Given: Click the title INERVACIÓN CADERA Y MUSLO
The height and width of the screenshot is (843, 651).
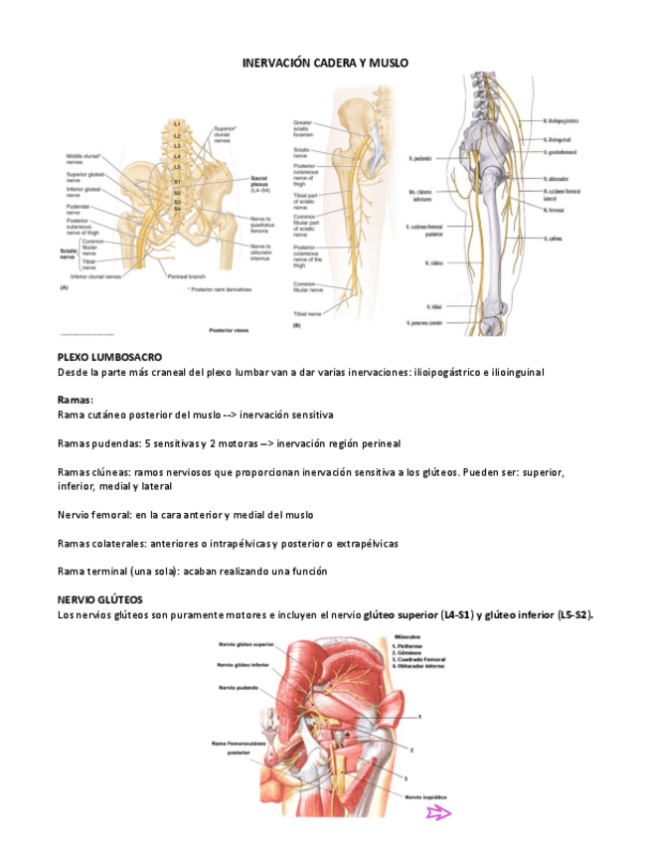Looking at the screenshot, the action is (x=325, y=63).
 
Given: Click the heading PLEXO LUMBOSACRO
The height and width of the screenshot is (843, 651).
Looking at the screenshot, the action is (x=109, y=356).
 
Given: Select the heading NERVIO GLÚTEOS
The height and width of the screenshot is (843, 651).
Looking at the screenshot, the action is (x=100, y=599).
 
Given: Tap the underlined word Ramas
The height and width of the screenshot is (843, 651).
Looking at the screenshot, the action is (x=76, y=399).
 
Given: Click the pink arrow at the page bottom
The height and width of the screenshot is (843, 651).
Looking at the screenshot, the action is (x=438, y=814).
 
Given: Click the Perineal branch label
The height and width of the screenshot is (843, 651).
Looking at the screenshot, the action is (x=187, y=275).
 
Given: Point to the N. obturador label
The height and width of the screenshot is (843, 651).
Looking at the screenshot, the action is (x=557, y=179).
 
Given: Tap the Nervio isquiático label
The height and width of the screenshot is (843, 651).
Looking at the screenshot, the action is (x=424, y=796).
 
